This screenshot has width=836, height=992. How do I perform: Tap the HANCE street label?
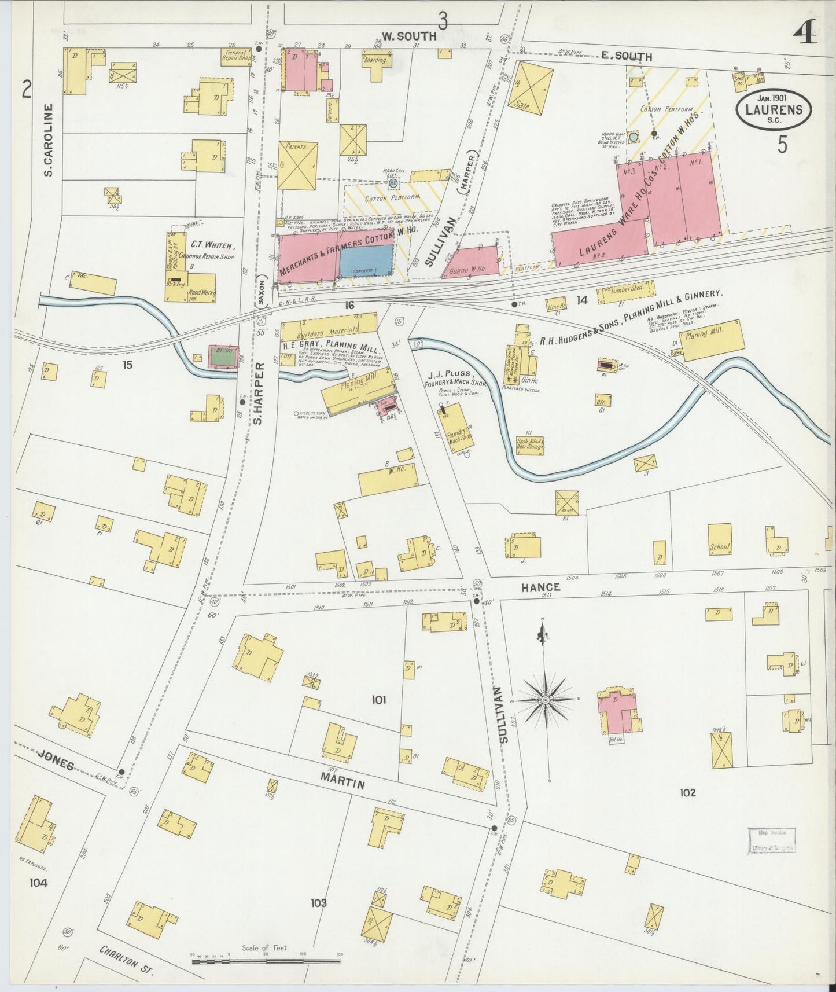tap(540, 587)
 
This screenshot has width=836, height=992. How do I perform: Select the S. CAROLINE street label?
tap(49, 139)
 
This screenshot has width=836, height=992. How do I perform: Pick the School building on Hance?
tap(720, 539)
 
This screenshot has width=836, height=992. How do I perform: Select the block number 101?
tap(378, 700)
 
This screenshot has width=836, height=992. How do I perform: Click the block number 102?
tap(687, 792)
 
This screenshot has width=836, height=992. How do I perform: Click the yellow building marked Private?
tap(297, 165)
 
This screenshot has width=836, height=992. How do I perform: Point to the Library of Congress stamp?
tap(771, 840)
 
